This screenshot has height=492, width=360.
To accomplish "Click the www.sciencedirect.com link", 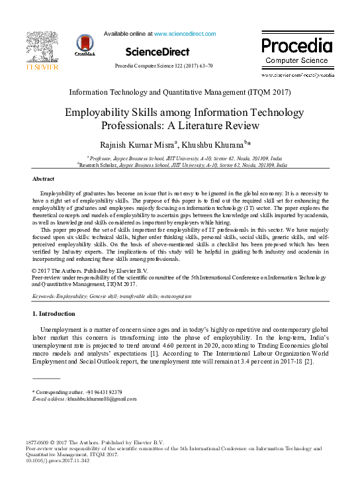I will tap(185, 33).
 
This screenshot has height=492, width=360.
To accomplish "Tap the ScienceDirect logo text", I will tap(157, 52).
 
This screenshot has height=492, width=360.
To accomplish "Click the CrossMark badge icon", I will tap(85, 44).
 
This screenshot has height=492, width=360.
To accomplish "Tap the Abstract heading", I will tap(44, 179).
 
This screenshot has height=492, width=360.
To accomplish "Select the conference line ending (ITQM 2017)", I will tap(180, 92).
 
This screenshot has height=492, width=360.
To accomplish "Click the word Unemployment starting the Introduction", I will tap(62, 329).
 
